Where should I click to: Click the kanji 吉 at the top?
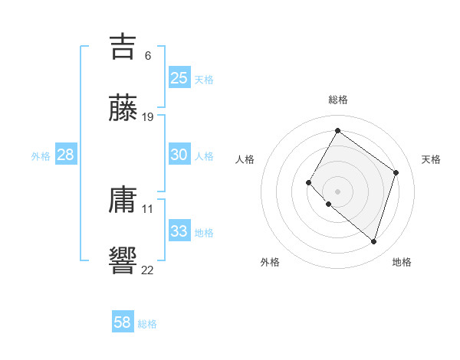[123, 46]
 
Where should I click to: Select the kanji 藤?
[123, 108]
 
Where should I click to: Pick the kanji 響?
[123, 260]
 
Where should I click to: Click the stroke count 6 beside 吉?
[148, 55]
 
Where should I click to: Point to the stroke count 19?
[148, 117]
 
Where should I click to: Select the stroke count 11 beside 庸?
[148, 208]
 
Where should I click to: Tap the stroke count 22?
[148, 270]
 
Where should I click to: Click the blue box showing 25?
[179, 77]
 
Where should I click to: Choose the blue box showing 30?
[179, 154]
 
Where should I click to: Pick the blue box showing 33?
[179, 231]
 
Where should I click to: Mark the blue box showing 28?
[66, 154]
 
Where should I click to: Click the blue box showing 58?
[123, 322]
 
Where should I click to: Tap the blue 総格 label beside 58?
[147, 324]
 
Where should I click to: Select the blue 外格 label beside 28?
[41, 155]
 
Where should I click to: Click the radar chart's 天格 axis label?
[431, 159]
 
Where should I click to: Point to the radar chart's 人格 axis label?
[245, 159]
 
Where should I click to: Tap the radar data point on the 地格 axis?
[373, 242]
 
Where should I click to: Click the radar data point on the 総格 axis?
[337, 130]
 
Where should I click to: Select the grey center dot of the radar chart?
[337, 191]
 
